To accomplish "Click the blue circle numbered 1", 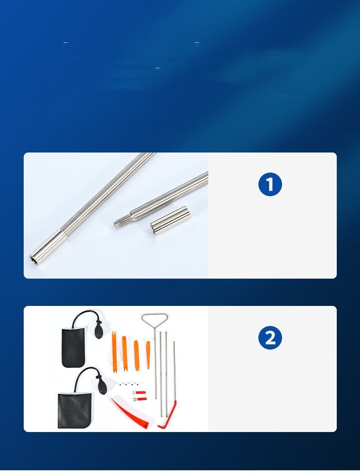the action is pyautogui.click(x=270, y=184).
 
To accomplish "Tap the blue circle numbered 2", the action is pyautogui.click(x=270, y=337).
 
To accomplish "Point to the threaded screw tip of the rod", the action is pyautogui.click(x=123, y=220).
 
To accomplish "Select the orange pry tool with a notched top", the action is pyautogui.click(x=114, y=351).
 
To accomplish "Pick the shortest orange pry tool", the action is pyautogui.click(x=148, y=355).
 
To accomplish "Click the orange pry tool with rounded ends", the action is pyautogui.click(x=136, y=356).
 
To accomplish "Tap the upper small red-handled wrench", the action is pyautogui.click(x=139, y=392).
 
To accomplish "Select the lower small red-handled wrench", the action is pyautogui.click(x=140, y=399).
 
